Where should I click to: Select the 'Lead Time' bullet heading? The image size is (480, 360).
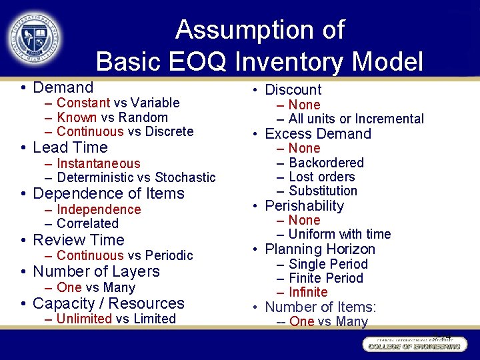[70, 147]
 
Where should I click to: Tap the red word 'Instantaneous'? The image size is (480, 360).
[99, 163]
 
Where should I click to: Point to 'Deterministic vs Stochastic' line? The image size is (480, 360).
[136, 177]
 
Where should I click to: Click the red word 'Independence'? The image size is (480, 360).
[99, 209]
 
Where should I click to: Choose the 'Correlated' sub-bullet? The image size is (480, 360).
[87, 223]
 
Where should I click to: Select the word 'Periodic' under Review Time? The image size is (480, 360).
[169, 255]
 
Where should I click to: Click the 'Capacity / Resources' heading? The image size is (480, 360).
[108, 303]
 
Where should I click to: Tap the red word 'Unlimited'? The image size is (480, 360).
[84, 319]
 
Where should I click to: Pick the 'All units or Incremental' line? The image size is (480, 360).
[356, 119]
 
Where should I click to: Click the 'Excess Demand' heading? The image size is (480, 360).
[317, 134]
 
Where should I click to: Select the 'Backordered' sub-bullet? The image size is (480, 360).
[326, 163]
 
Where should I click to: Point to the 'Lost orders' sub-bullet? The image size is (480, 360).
[321, 177]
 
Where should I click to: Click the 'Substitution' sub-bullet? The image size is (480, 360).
[323, 191]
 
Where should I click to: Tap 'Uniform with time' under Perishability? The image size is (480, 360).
[339, 234]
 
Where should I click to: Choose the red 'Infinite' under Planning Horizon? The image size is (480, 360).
[308, 292]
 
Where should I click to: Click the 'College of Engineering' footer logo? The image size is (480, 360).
[414, 345]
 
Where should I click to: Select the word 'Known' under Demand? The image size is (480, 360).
[77, 117]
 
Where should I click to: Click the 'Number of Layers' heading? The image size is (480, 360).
[96, 271]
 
